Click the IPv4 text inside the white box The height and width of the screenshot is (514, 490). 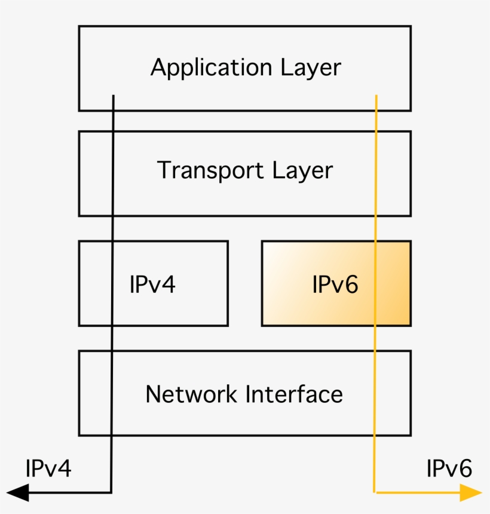152,284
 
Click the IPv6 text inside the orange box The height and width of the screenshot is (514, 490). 335,284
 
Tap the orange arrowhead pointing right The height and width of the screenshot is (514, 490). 471,492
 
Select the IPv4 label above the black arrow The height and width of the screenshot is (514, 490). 48,469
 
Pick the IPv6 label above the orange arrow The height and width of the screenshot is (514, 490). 449,469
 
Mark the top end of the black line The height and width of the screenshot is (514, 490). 113,95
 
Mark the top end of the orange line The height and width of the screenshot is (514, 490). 376,95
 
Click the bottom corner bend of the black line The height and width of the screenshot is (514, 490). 111,492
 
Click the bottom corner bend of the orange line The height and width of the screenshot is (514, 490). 375,492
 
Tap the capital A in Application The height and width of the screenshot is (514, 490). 158,67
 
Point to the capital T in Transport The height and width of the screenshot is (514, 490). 165,170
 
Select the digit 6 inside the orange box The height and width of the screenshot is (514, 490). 351,284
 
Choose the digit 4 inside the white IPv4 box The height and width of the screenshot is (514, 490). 169,284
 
